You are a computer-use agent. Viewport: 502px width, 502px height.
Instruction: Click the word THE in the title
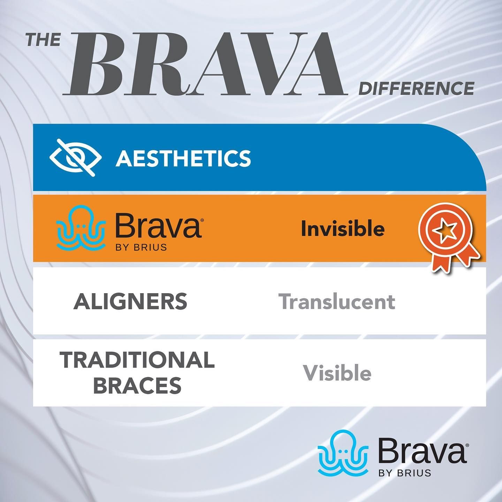point(44,40)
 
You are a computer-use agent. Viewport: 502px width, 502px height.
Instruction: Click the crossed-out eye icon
point(75,158)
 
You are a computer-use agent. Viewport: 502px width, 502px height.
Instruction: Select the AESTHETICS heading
point(183,159)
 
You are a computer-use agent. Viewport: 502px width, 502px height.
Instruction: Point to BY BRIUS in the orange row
point(141,247)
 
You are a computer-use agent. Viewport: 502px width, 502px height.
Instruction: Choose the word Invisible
point(343,229)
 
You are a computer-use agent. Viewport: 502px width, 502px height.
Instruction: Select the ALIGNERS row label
point(130,302)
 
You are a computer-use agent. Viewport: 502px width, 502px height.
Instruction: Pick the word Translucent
point(337,302)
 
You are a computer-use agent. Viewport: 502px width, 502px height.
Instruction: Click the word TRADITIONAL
point(137,360)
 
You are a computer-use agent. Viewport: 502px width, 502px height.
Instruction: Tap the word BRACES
point(137,386)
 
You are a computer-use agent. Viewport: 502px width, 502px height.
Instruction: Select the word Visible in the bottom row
point(337,373)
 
